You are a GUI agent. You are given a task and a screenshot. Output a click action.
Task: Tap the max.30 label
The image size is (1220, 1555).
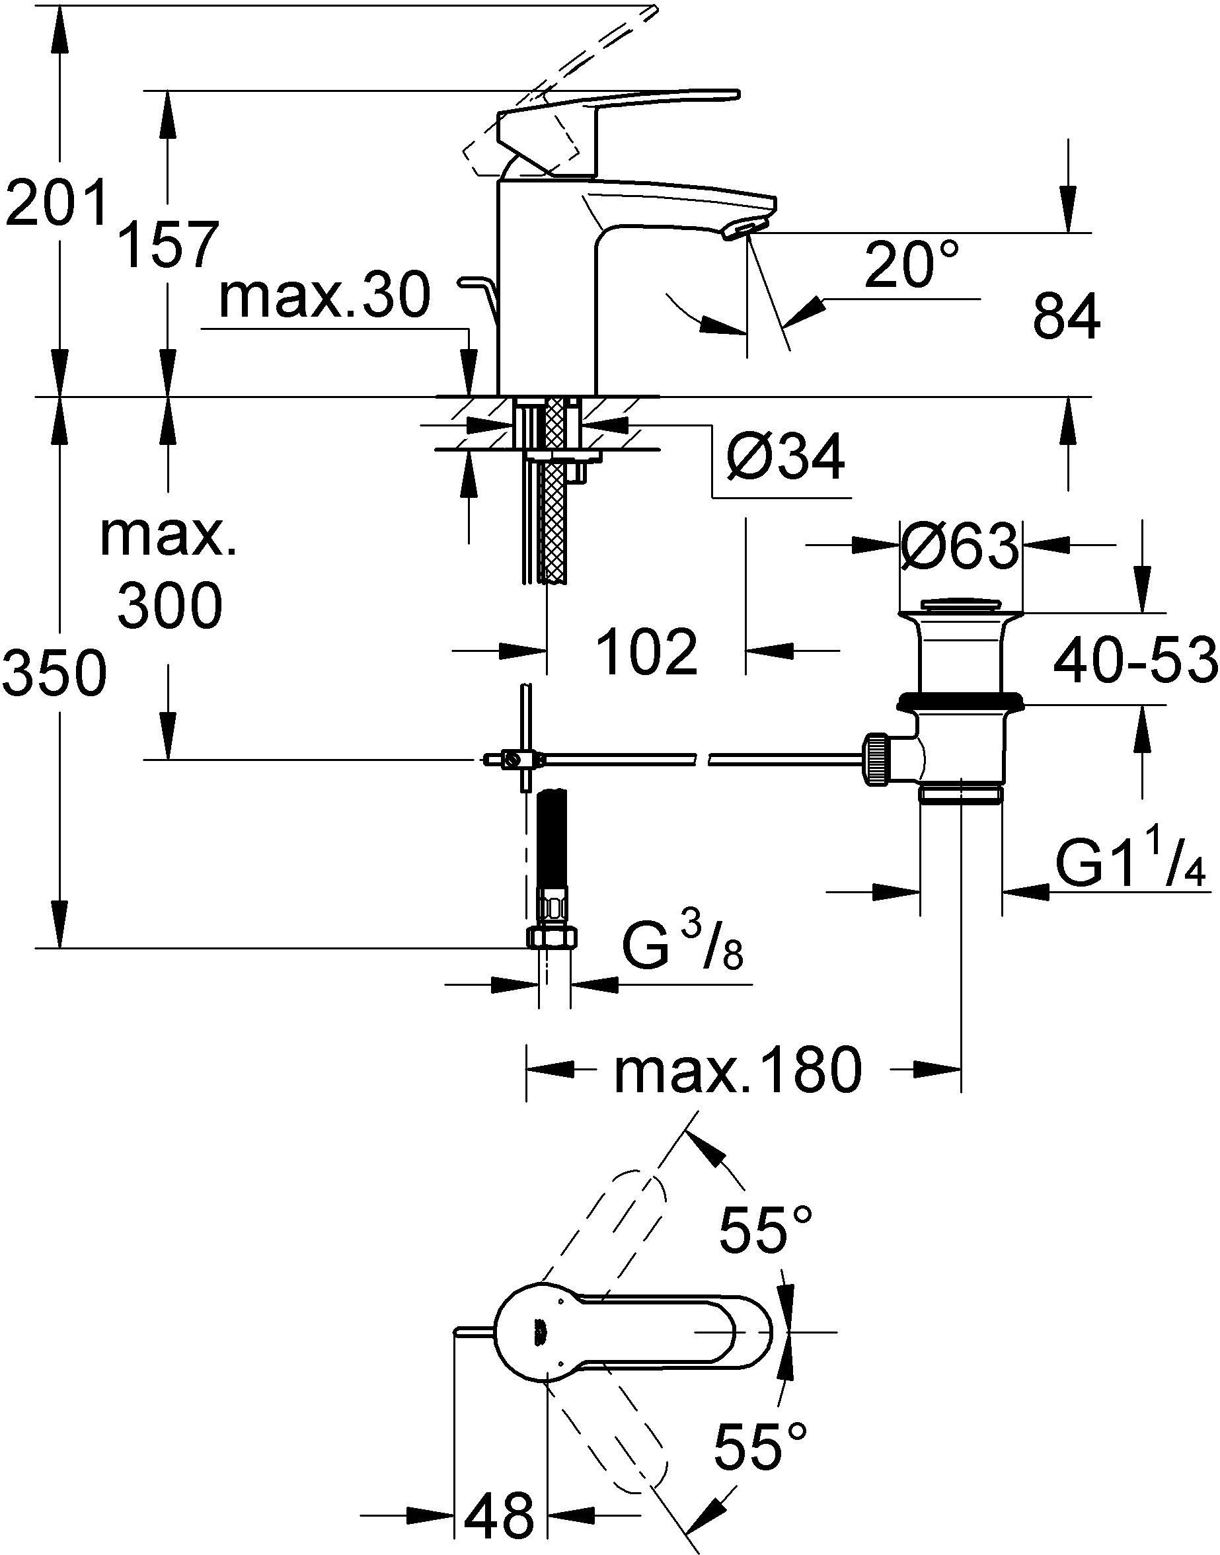click(x=325, y=297)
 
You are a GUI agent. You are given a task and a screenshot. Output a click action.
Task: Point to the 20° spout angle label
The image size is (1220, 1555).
click(x=911, y=264)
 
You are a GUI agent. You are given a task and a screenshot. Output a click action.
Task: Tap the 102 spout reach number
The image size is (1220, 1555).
click(x=646, y=652)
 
